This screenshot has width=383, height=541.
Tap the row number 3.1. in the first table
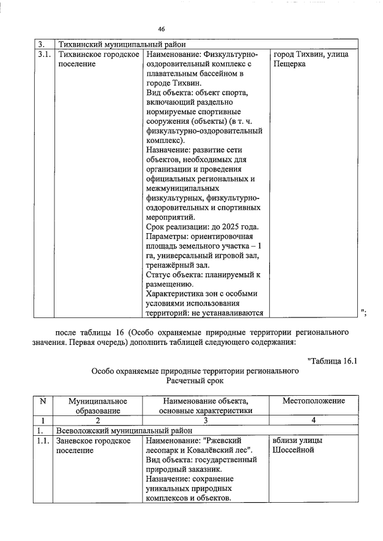[x=42, y=55]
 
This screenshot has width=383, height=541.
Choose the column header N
[x=42, y=401]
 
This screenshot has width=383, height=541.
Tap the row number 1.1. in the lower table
[x=42, y=441]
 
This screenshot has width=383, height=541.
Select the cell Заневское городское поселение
[x=93, y=445]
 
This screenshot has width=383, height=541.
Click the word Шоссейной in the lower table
[x=293, y=450]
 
